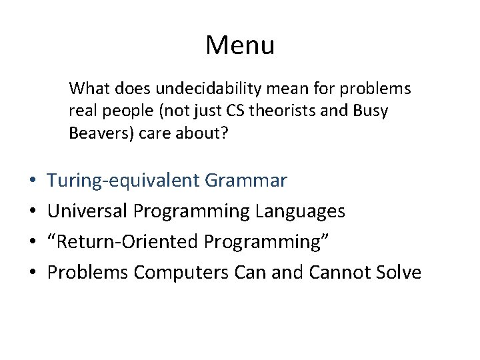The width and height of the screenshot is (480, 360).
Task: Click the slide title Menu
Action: pyautogui.click(x=240, y=45)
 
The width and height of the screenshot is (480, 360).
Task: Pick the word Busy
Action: pyautogui.click(x=371, y=111)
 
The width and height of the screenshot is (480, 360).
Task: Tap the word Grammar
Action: pyautogui.click(x=246, y=181)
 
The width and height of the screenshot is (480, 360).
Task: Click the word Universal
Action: pyautogui.click(x=88, y=211)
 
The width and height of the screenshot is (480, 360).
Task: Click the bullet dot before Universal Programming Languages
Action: pyautogui.click(x=33, y=212)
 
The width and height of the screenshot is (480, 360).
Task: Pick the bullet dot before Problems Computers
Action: pyautogui.click(x=33, y=273)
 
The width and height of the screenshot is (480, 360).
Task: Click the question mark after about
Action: pyautogui.click(x=224, y=134)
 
